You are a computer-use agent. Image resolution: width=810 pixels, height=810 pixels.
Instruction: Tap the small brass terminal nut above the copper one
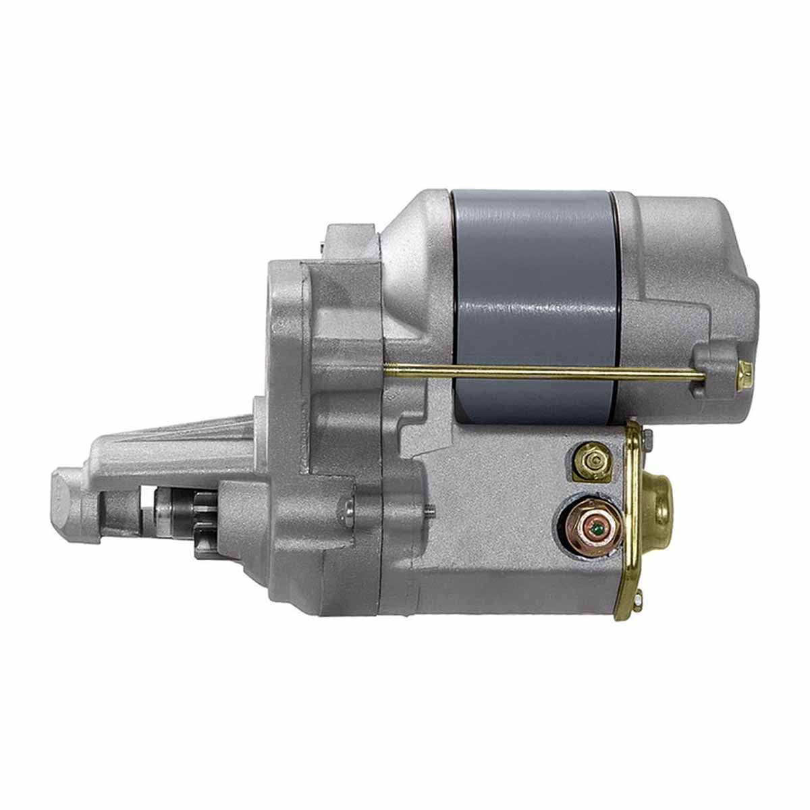592,462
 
